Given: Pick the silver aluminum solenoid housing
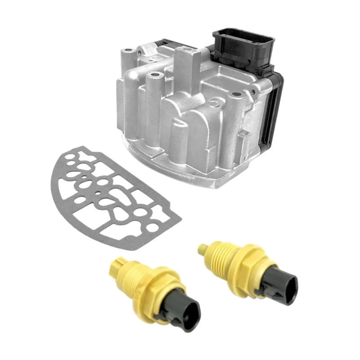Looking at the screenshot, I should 180,112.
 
